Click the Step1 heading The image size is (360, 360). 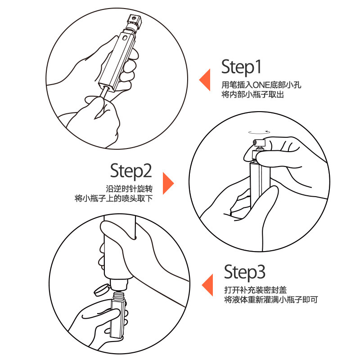click(x=241, y=67)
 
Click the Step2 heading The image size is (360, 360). click(x=131, y=171)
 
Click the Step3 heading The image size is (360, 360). click(x=244, y=273)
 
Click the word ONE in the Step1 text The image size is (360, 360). click(x=261, y=85)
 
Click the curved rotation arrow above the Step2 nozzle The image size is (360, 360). click(x=259, y=132)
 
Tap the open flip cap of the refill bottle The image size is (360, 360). click(x=102, y=290)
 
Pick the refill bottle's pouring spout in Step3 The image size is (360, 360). click(x=119, y=285)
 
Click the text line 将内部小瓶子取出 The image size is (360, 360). click(x=252, y=94)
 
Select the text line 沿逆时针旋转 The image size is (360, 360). click(x=129, y=189)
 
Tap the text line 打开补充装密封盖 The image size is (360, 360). click(x=256, y=290)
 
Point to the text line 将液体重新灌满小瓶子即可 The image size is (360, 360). click(x=271, y=300)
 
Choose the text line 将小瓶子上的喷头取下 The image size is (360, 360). click(x=114, y=198)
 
